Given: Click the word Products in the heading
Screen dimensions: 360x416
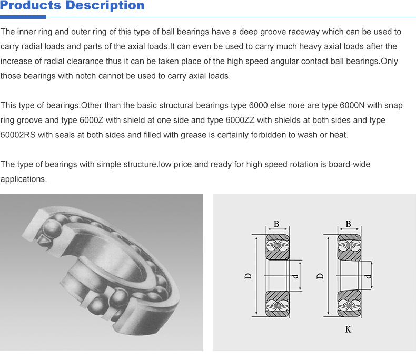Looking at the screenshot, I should click(x=30, y=6).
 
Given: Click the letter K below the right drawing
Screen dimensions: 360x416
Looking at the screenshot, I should click(x=348, y=329).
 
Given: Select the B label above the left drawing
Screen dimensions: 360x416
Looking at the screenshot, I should click(x=276, y=224).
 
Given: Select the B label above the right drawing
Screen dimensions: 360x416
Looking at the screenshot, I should click(x=348, y=224).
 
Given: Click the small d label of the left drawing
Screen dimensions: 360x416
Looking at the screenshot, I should click(x=295, y=276).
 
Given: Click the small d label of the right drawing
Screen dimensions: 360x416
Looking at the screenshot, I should click(x=368, y=276).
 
